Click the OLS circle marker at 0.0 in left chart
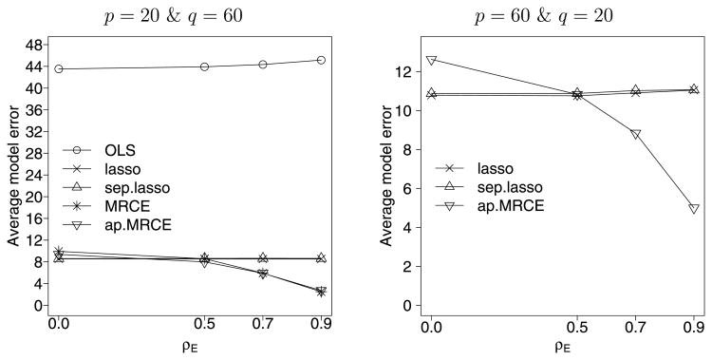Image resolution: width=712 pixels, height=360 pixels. point(59,68)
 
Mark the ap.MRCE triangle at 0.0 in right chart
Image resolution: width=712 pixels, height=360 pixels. point(432,60)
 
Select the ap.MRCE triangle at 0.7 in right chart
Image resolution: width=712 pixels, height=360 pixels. point(635,134)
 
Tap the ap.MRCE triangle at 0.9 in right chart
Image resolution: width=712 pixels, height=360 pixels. point(694,208)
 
